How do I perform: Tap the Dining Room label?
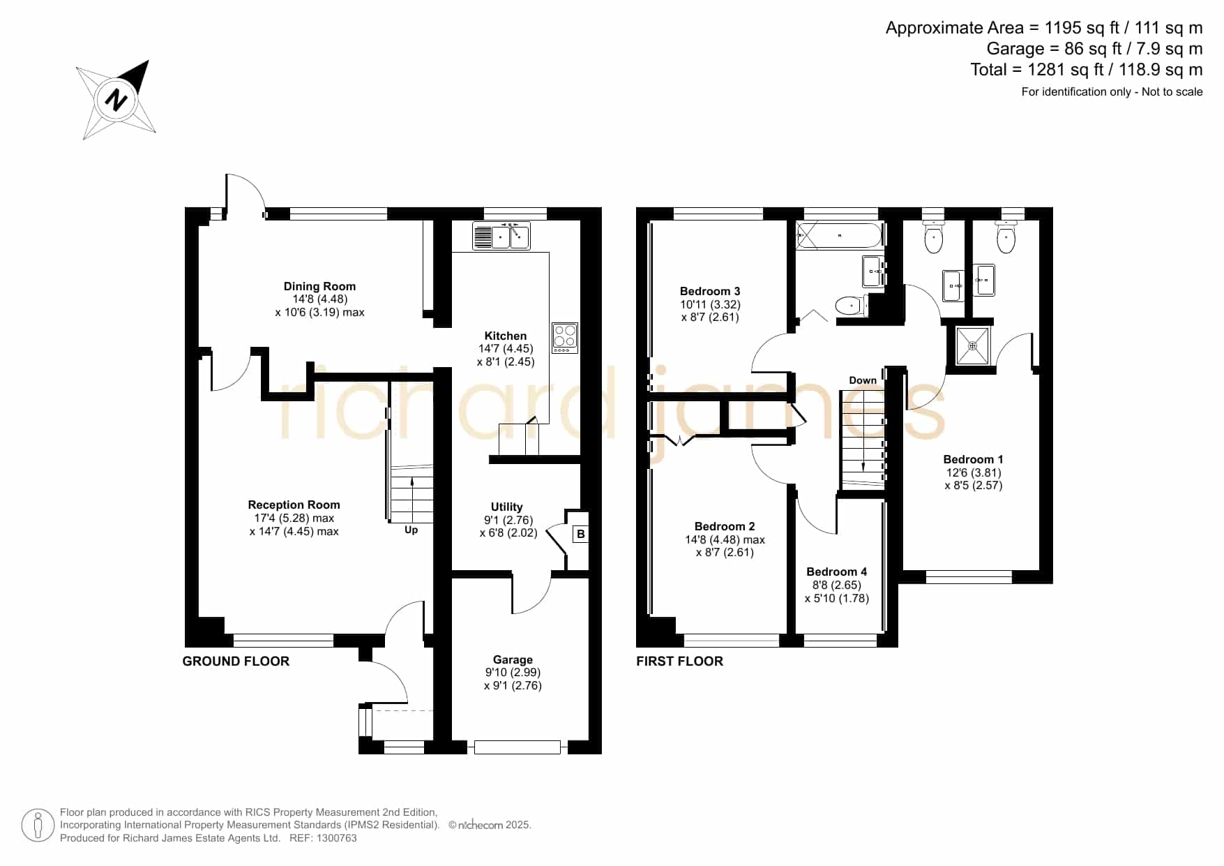(x=319, y=286)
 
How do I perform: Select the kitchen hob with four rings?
(x=565, y=337)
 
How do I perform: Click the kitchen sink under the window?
(x=501, y=237)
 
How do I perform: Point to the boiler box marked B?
(x=580, y=535)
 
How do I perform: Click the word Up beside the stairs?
(x=411, y=530)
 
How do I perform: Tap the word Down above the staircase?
(x=863, y=380)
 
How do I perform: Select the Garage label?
(x=513, y=659)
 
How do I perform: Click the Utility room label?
(x=507, y=507)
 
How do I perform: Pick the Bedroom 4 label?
(x=837, y=572)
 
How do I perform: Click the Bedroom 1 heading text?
(x=974, y=459)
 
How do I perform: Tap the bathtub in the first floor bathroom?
(x=840, y=236)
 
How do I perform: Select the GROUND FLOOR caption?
(x=236, y=661)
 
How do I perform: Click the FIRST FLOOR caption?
(x=680, y=661)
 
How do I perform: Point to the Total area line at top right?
(x=1087, y=70)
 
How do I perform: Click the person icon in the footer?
(x=38, y=826)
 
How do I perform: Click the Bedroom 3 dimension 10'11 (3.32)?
(x=711, y=304)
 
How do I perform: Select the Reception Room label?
(x=294, y=505)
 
